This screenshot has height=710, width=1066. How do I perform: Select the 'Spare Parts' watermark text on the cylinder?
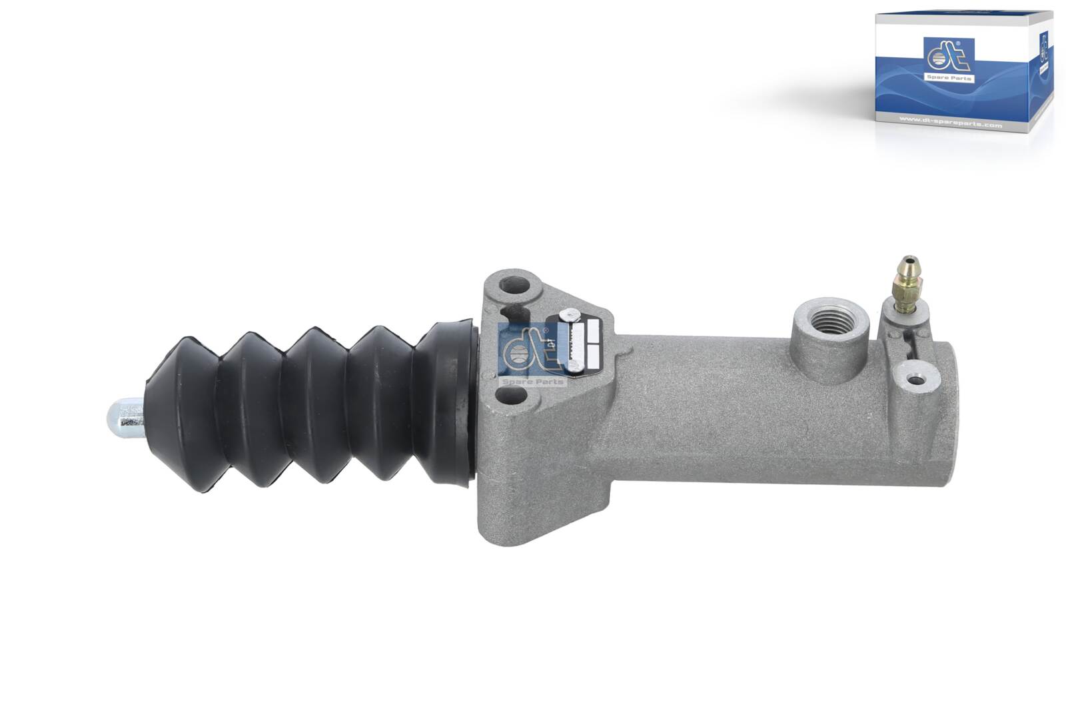click(532, 382)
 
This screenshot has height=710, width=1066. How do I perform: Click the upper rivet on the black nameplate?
click(567, 314)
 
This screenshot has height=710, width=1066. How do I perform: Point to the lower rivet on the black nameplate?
click(572, 366)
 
